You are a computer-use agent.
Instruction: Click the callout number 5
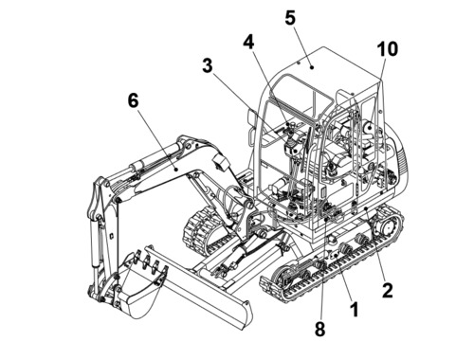point(290,18)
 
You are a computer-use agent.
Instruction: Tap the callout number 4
point(248,42)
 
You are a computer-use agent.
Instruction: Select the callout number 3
point(208,66)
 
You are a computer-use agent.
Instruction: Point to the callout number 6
point(134,100)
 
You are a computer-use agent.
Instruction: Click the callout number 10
point(387,49)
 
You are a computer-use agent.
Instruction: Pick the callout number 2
point(388,291)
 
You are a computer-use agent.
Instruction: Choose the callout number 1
point(355,310)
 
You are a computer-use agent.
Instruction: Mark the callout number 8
point(319,330)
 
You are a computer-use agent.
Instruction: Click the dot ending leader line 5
point(312,67)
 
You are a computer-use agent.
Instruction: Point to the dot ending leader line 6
point(176,170)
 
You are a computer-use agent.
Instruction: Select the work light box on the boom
point(220,163)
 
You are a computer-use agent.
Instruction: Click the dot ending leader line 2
point(366,208)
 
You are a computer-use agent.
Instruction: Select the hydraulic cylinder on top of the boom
point(155,158)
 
